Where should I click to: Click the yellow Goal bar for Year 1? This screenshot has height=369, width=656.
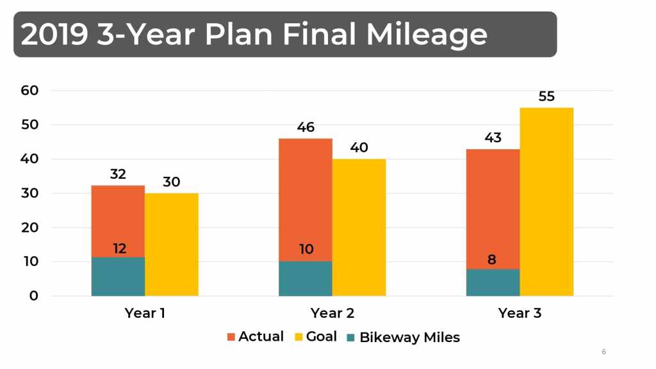click(172, 244)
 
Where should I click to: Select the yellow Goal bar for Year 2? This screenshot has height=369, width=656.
click(359, 227)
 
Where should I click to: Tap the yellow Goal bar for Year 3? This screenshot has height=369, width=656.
click(546, 202)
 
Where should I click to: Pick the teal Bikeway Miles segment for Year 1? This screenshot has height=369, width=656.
click(118, 277)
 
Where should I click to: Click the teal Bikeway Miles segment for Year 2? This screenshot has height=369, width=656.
click(306, 279)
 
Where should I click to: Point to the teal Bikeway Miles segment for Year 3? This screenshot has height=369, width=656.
click(493, 283)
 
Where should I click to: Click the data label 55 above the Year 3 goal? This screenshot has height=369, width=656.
click(546, 97)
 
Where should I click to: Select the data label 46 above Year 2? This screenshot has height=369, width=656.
click(306, 127)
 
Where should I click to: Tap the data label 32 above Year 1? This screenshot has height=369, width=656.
click(118, 174)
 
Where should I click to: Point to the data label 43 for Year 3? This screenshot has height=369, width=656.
click(493, 138)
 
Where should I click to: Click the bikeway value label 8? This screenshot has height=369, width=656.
click(493, 260)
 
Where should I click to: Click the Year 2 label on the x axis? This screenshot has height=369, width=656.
click(332, 313)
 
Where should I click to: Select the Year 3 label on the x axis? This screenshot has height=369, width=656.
click(520, 313)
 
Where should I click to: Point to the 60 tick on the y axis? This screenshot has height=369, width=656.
click(29, 90)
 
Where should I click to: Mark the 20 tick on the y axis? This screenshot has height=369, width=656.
click(29, 227)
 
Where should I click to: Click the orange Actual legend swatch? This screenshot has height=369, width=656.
click(231, 337)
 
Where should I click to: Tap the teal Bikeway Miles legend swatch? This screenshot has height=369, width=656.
click(351, 337)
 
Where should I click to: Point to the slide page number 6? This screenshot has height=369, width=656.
click(603, 352)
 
